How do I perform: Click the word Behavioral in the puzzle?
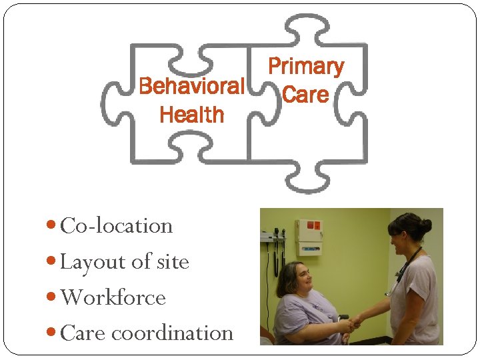pyautogui.click(x=191, y=86)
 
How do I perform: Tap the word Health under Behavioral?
pyautogui.click(x=192, y=115)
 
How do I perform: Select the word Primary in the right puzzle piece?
pyautogui.click(x=305, y=66)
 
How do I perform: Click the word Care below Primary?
pyautogui.click(x=305, y=95)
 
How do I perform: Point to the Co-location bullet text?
pyautogui.click(x=116, y=226)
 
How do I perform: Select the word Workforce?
pyautogui.click(x=113, y=297)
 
